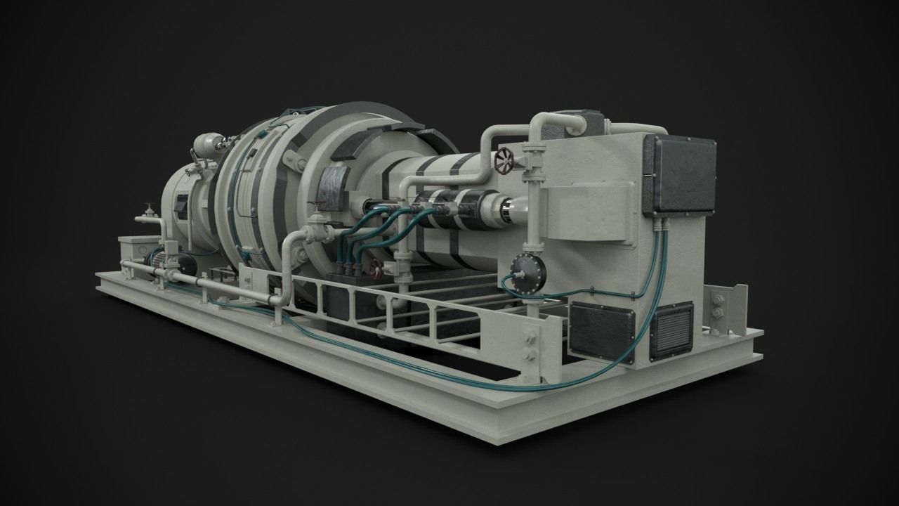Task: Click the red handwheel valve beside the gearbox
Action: click(504, 161)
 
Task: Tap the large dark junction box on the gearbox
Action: click(679, 175)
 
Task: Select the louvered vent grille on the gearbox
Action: click(671, 331)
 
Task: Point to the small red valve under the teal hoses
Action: click(376, 268)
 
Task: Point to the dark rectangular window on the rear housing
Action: click(181, 205)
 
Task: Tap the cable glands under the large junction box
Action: click(660, 225)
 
